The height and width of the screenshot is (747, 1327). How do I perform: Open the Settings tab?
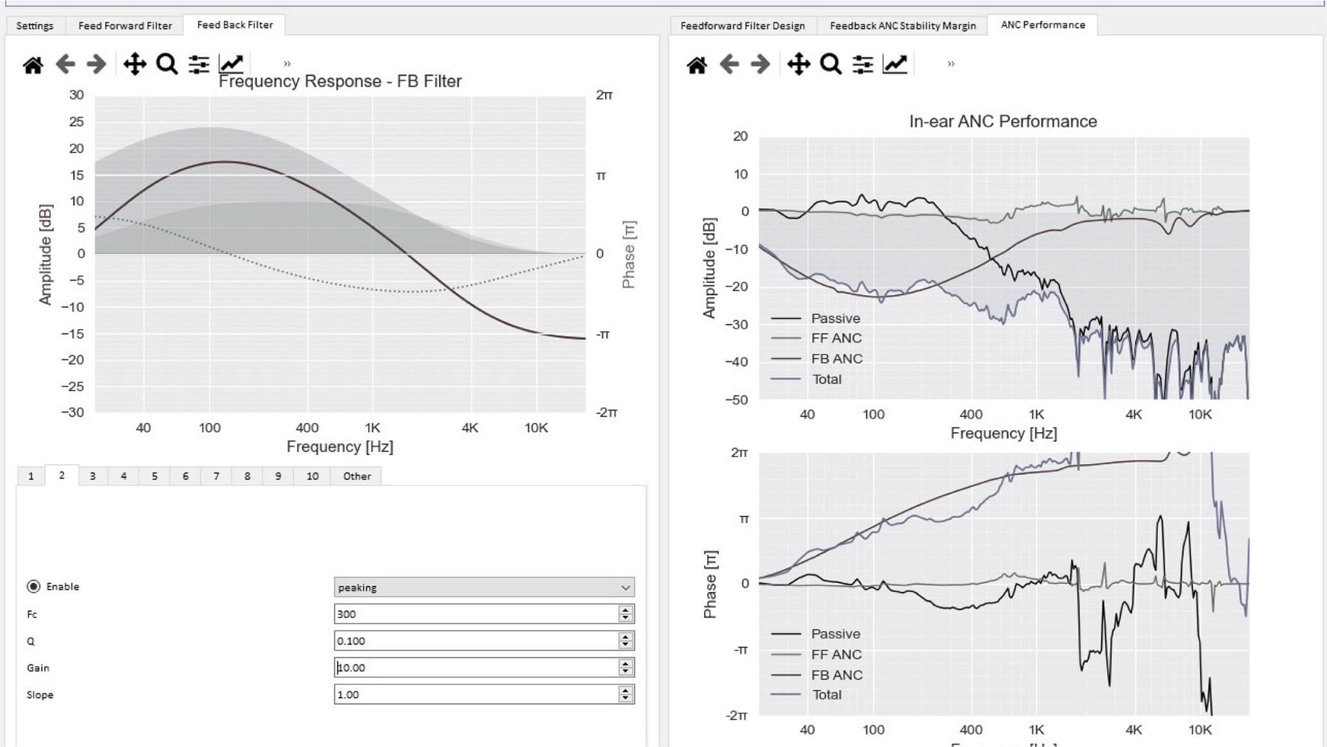(x=35, y=26)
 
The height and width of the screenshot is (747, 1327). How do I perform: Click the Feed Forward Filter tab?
(x=125, y=26)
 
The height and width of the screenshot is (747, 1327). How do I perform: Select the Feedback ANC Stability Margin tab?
(x=902, y=26)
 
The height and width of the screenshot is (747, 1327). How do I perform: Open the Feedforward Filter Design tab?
(x=742, y=26)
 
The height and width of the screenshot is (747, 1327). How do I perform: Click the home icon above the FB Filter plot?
(x=33, y=65)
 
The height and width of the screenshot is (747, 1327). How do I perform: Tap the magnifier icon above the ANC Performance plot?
(x=830, y=65)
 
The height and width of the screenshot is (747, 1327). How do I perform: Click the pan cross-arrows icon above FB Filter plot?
(x=134, y=65)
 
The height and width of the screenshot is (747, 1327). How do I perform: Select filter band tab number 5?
(x=154, y=476)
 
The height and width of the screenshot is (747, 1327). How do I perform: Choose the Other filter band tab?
(x=357, y=476)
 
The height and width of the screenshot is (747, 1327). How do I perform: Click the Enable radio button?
(x=34, y=586)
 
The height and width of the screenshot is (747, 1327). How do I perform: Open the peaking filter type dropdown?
(x=484, y=588)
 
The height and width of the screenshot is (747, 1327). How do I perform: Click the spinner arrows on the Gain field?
(x=626, y=668)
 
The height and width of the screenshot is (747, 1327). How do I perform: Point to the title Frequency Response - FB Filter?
(x=340, y=81)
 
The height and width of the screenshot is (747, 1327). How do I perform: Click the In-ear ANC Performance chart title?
(x=1003, y=122)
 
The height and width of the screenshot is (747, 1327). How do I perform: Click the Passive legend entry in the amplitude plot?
(x=835, y=318)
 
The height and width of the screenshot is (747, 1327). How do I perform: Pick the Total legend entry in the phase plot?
(x=826, y=695)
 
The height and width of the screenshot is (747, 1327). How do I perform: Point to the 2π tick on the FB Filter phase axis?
(x=604, y=95)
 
